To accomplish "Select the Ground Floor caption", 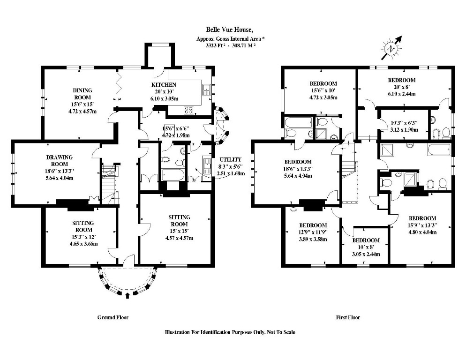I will point(113,317).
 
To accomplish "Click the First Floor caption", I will point(348,317).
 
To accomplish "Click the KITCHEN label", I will point(164,84).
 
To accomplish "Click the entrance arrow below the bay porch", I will point(129,296).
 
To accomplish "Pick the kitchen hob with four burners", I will point(190,111).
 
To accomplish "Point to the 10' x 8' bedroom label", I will point(367,240).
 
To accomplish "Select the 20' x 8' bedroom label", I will point(401,80).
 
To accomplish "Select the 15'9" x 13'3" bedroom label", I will point(422,218).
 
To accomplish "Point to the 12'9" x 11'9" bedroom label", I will point(313,225).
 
